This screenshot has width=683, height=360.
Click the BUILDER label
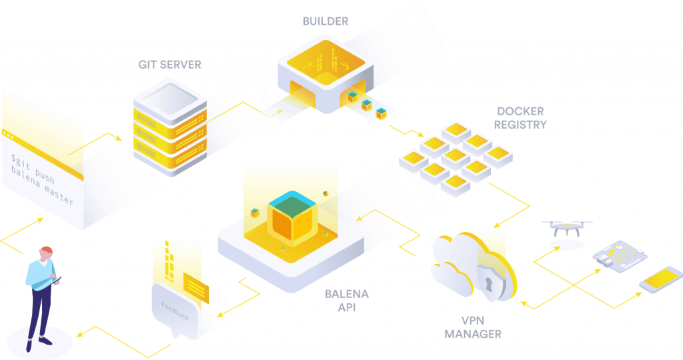click(x=325, y=21)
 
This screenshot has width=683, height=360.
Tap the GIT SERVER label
click(x=169, y=65)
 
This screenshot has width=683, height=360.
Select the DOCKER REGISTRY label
click(x=521, y=117)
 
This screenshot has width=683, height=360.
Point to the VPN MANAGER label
click(x=472, y=327)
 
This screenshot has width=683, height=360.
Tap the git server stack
click(x=169, y=127)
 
